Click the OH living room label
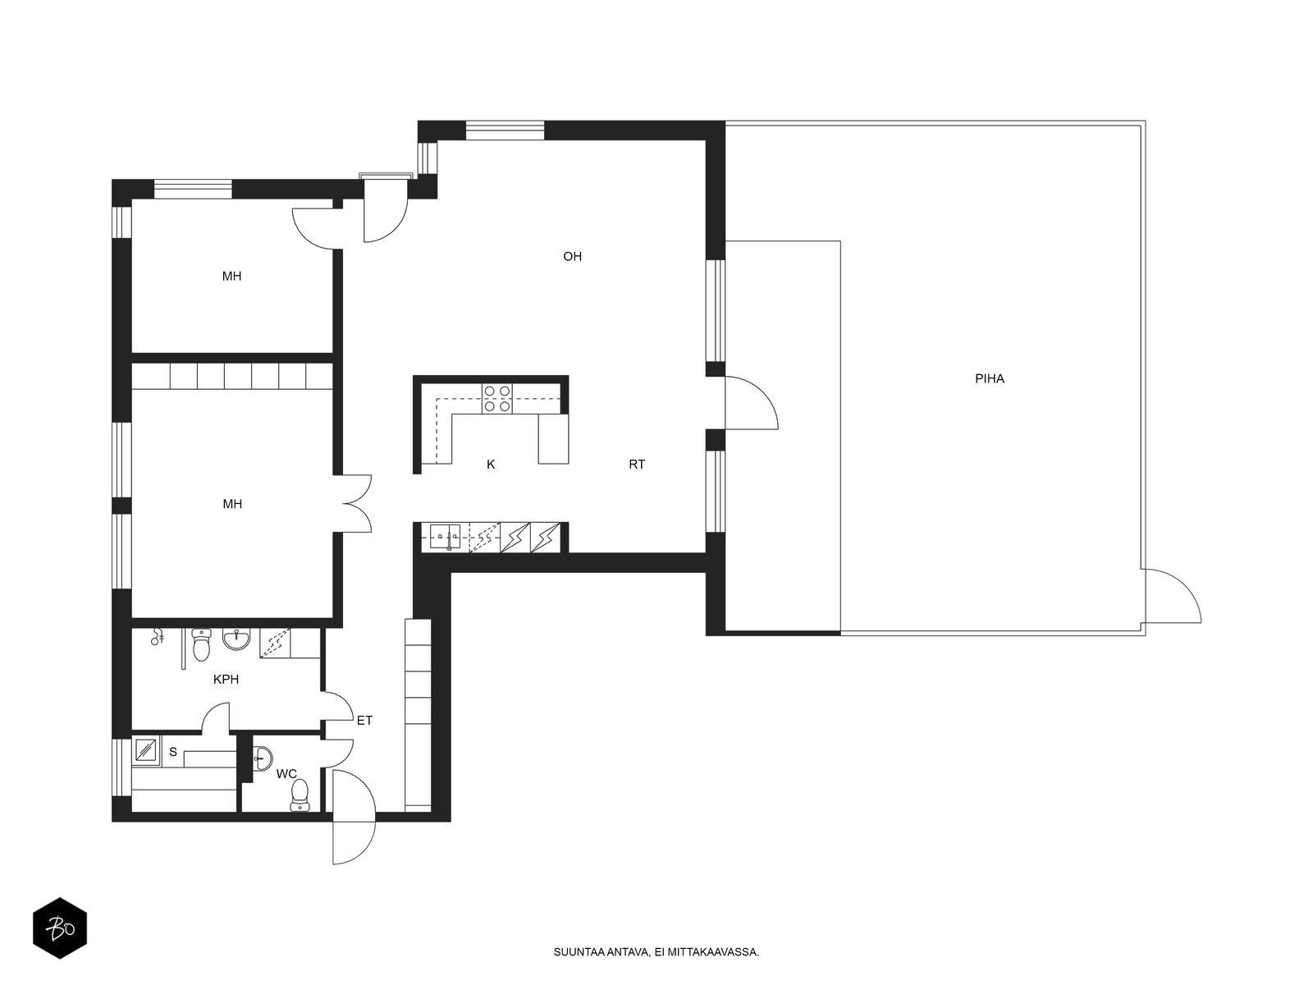tap(572, 257)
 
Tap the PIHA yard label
tap(990, 378)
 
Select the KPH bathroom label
tap(226, 680)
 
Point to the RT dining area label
tap(637, 464)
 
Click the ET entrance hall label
tap(364, 721)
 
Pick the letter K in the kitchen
tap(491, 464)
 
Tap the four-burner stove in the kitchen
tap(497, 399)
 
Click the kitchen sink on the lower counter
tap(445, 537)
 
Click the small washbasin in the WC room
tap(262, 758)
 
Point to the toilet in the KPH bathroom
tap(201, 644)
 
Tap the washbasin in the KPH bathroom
tap(237, 639)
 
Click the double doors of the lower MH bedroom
tap(357, 503)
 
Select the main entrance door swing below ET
tap(354, 817)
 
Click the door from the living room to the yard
tap(752, 403)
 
